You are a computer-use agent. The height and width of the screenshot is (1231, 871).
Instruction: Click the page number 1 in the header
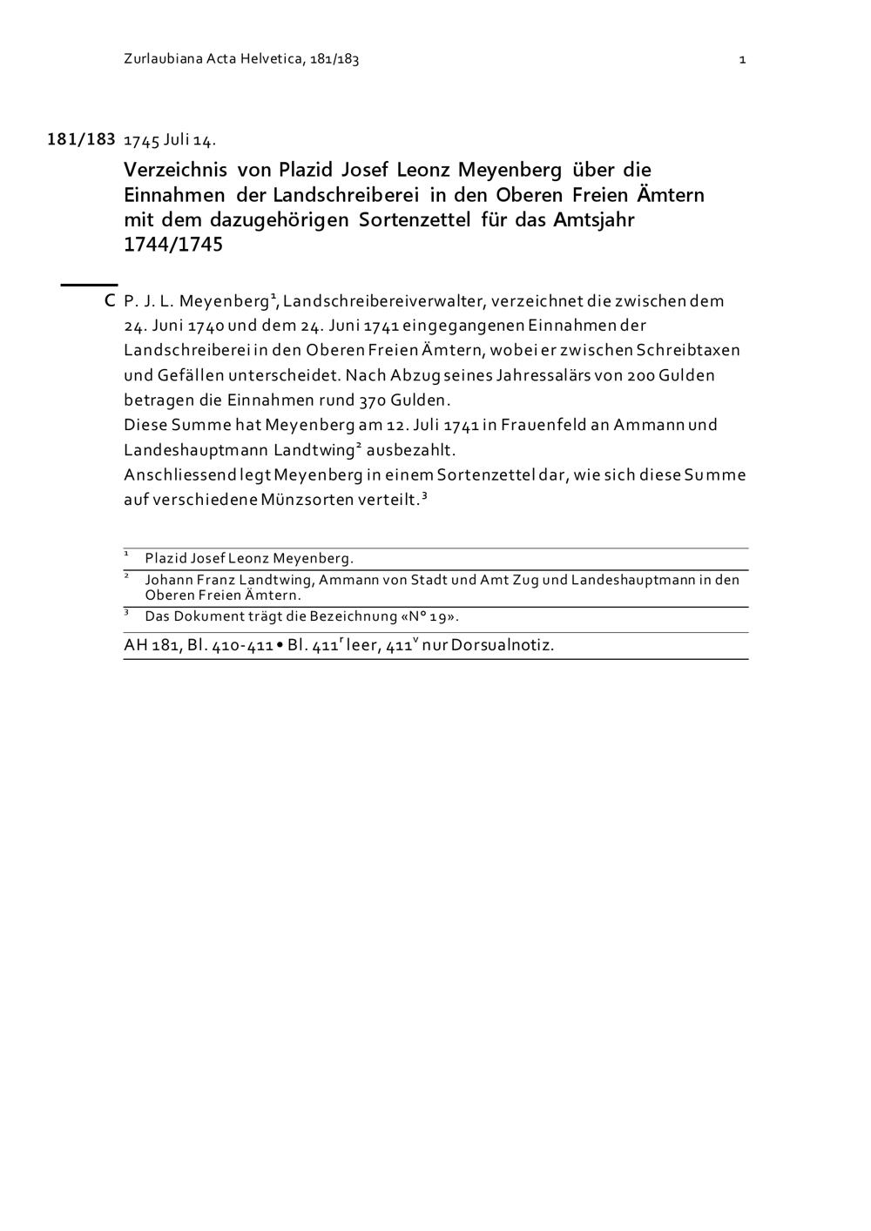point(742,59)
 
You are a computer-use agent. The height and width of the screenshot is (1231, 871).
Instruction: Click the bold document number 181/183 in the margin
point(81,139)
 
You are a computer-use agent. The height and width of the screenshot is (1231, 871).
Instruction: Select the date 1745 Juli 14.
point(170,140)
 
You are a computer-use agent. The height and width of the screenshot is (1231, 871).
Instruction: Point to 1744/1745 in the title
point(173,244)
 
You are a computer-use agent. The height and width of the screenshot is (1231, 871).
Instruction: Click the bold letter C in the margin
point(110,301)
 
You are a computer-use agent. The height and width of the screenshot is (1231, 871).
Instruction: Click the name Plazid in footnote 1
point(165,559)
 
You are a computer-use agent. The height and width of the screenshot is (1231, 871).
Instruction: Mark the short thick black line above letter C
point(89,284)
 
